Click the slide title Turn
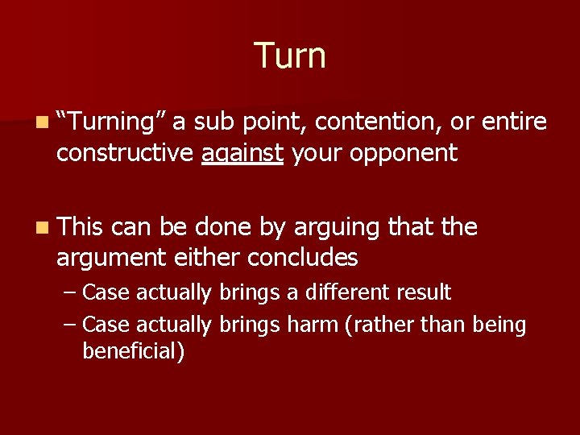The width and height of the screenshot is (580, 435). coord(290,56)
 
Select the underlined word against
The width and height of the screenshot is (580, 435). coord(242,153)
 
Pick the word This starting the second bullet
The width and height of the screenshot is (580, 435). coord(81,228)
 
